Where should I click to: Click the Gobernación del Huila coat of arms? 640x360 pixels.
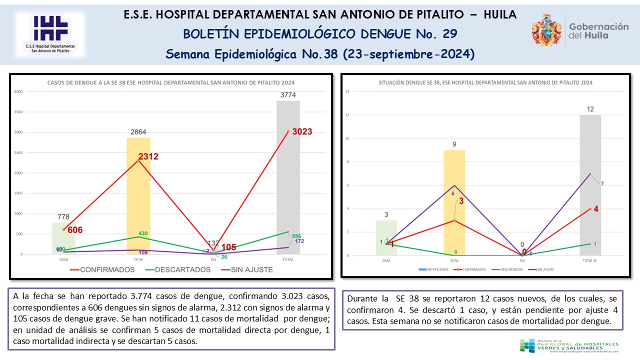click(546, 30)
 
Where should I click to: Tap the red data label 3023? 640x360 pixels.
click(301, 132)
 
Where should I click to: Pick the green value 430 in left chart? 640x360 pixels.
click(143, 233)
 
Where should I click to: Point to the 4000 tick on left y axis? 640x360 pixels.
click(17, 91)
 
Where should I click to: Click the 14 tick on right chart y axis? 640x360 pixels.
click(347, 91)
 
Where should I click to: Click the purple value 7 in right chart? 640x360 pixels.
click(602, 183)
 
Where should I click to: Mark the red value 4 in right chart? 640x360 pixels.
click(596, 208)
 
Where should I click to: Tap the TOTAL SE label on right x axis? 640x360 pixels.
click(590, 260)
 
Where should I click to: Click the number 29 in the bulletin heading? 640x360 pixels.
click(449, 34)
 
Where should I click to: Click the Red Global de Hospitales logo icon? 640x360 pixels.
click(527, 345)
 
